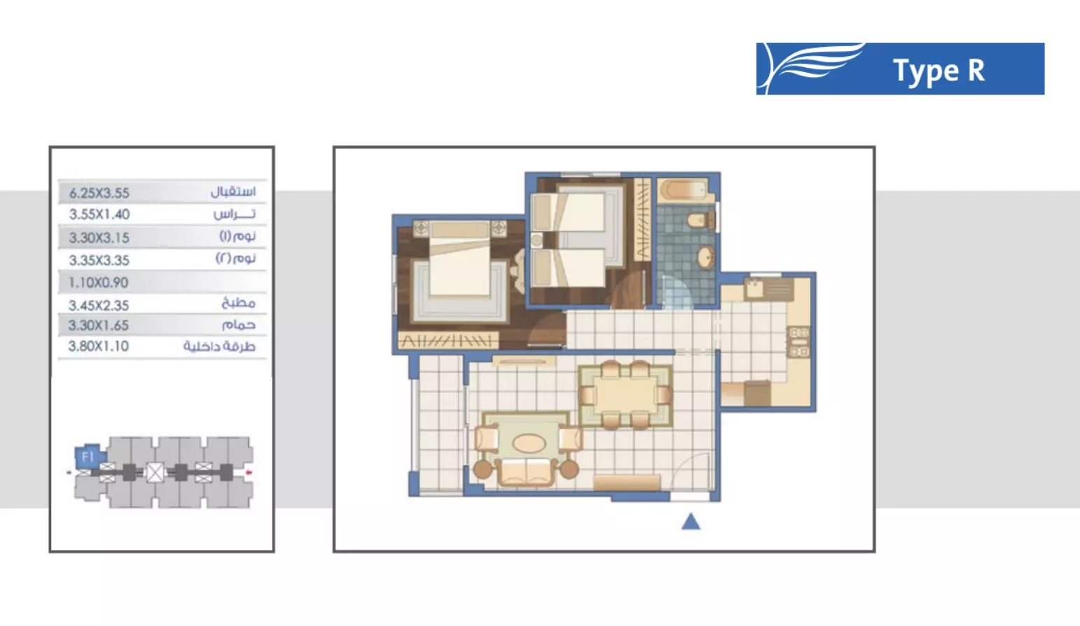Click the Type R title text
coord(939,71)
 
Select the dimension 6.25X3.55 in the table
coord(99,193)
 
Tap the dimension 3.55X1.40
coord(99,214)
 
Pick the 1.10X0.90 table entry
coord(99,283)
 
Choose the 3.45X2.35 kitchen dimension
coord(99,305)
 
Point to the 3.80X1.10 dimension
coord(99,346)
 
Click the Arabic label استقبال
coord(233,191)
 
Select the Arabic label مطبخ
coord(238,303)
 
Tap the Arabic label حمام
coord(238,325)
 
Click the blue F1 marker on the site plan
coord(87,457)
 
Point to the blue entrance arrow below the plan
coord(691,521)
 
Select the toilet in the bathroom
coord(698,221)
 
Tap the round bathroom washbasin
coord(705,257)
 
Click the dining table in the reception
coord(625,395)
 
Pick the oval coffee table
coord(529,443)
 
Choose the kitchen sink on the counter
coord(755,286)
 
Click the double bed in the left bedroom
coord(459,266)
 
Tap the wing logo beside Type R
coord(812,67)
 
